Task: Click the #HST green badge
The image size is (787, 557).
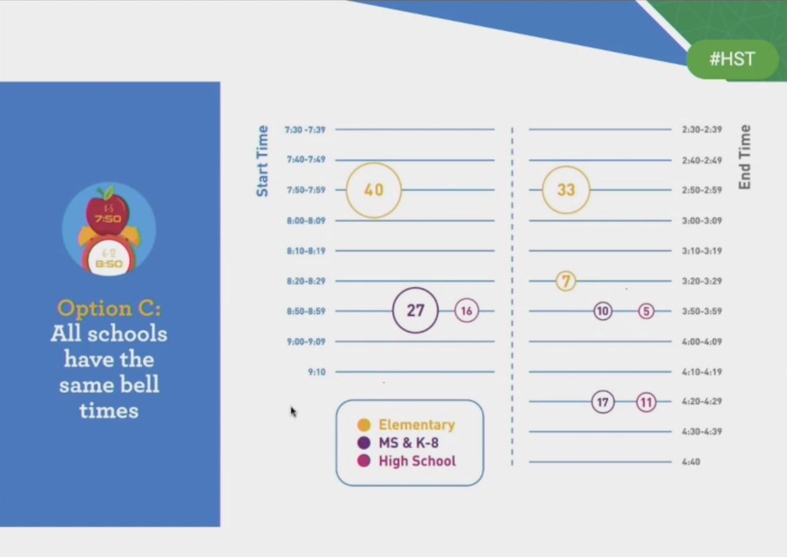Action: tap(732, 59)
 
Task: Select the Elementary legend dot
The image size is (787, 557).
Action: tap(363, 425)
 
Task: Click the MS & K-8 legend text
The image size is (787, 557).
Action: tap(409, 443)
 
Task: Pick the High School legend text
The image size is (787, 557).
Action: tap(417, 461)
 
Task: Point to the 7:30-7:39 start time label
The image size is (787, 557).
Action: tap(305, 130)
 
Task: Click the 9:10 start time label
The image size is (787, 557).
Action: tap(317, 372)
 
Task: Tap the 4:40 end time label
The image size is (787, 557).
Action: tap(691, 462)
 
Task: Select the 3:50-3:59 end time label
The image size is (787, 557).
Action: tap(702, 311)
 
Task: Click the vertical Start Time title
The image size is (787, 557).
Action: tap(263, 161)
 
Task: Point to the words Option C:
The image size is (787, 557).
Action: tap(109, 309)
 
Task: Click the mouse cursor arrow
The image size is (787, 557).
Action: tap(293, 412)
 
